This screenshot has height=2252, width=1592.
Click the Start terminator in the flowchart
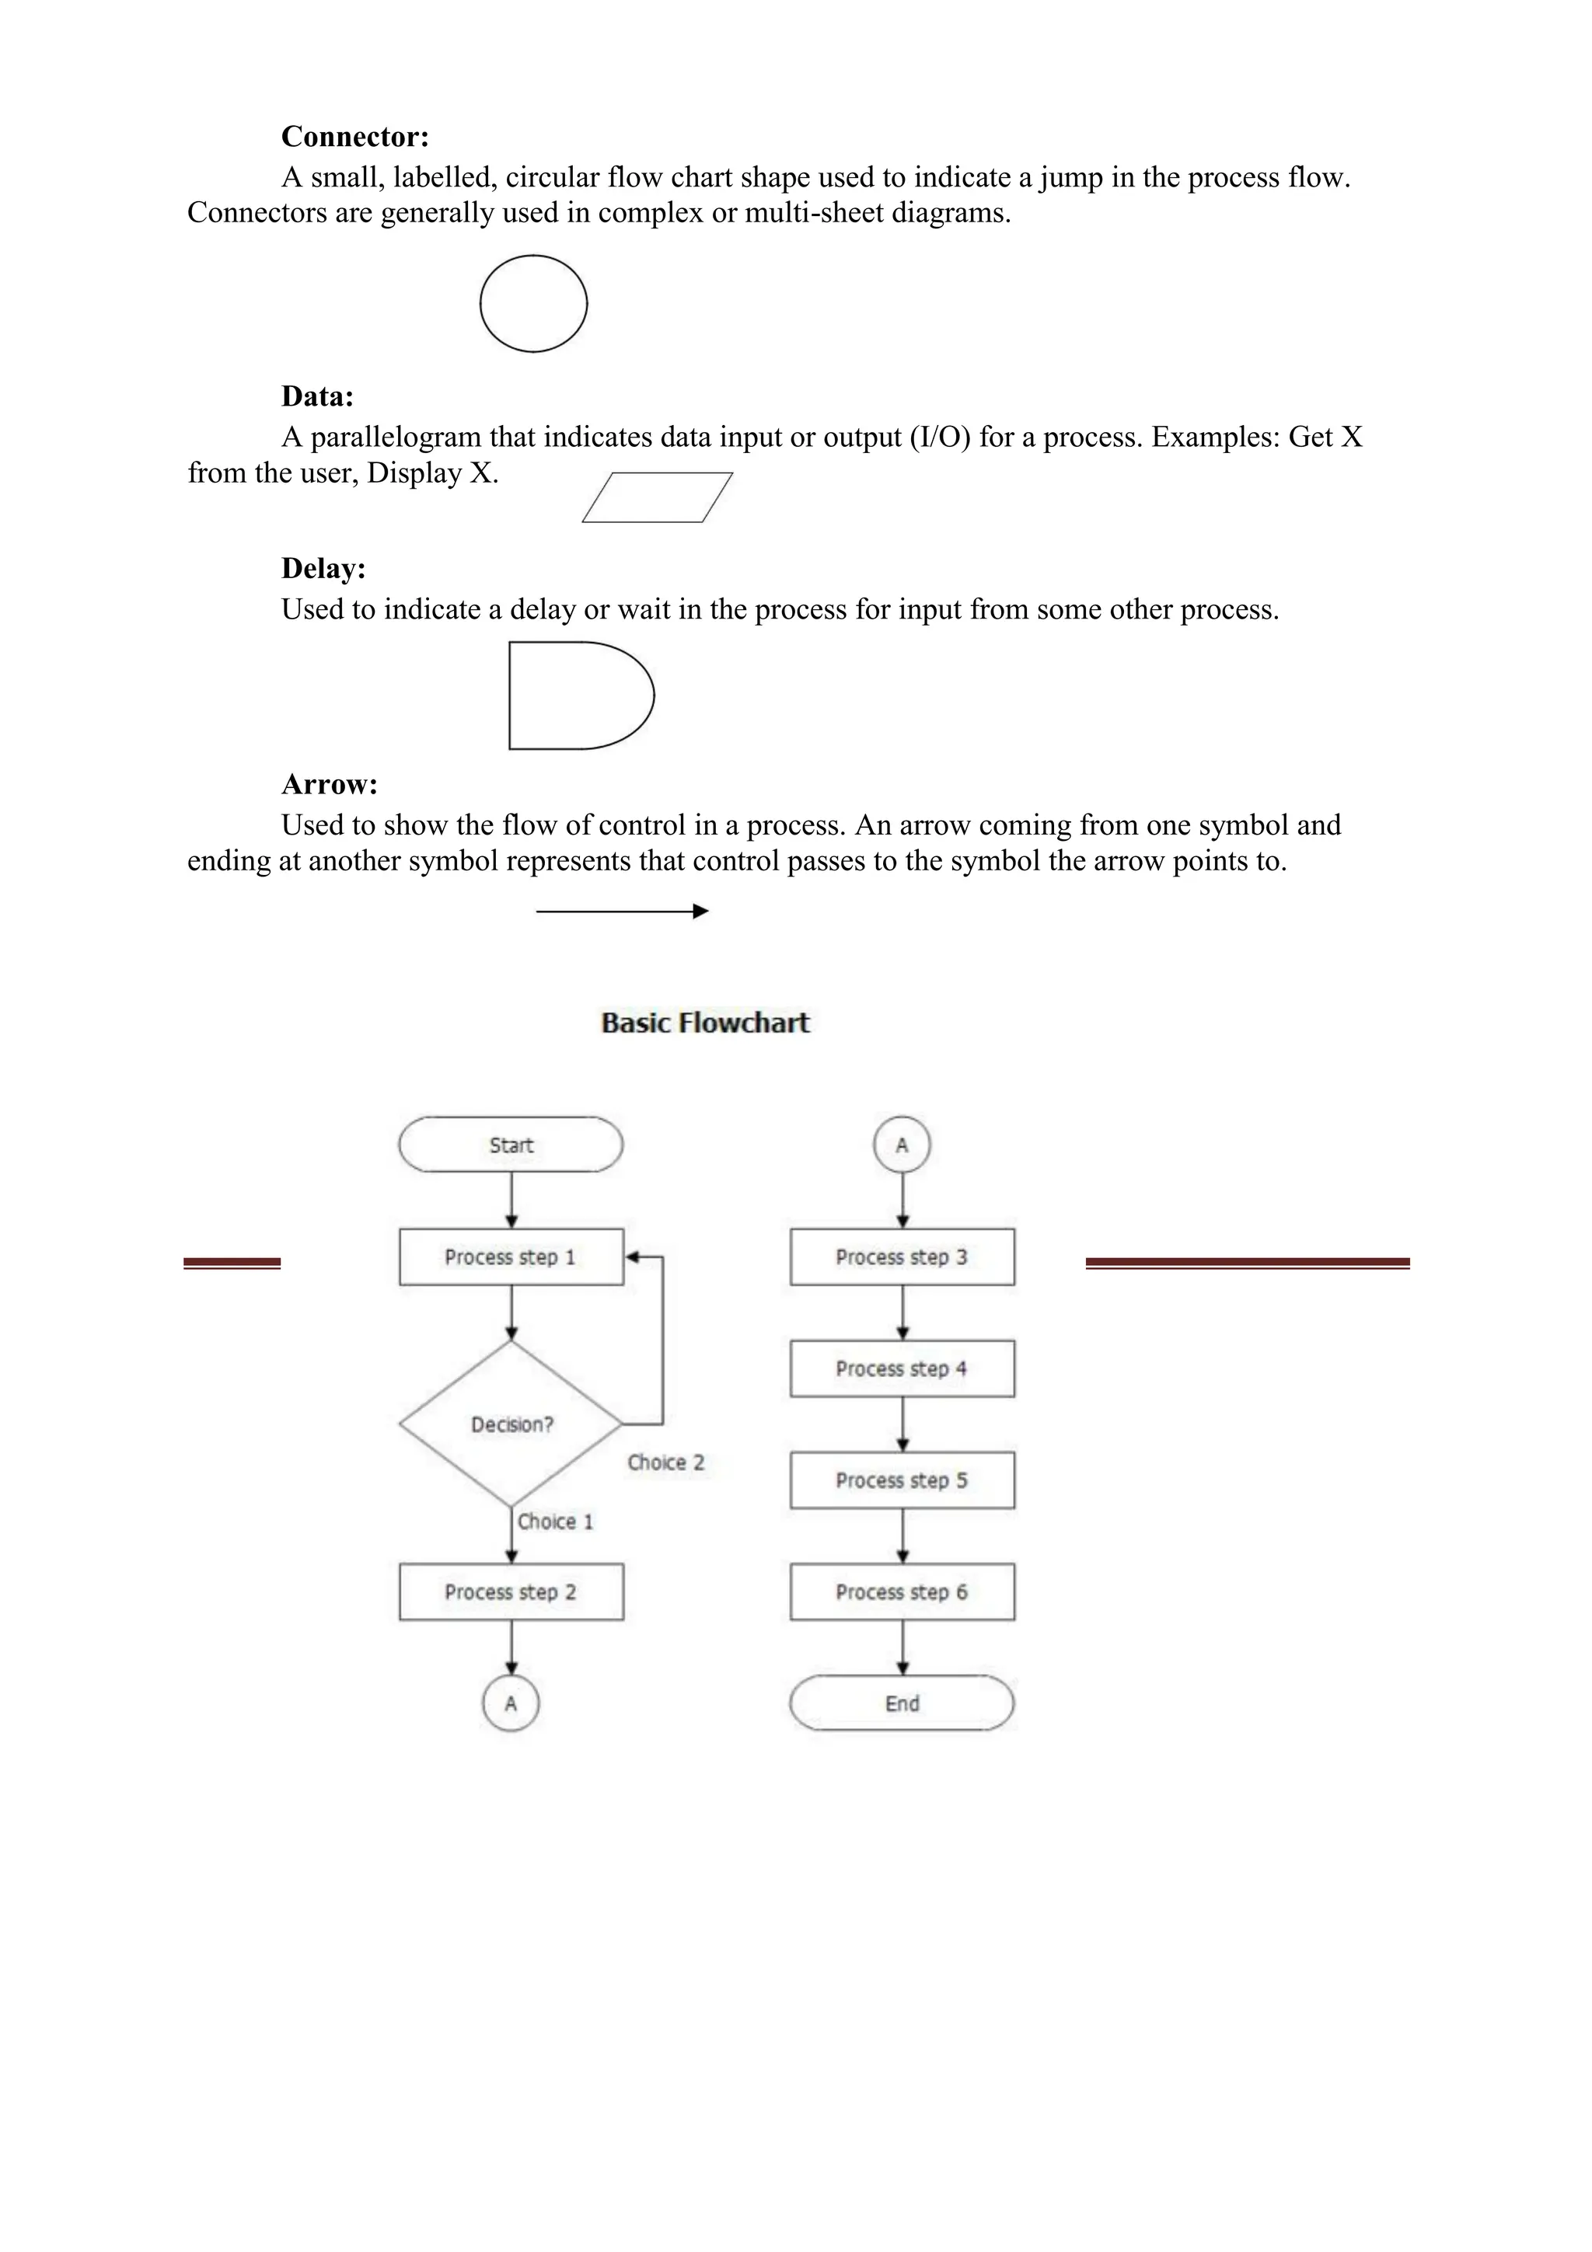(510, 1145)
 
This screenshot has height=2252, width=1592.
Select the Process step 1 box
(510, 1257)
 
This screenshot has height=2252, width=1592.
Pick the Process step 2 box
(510, 1592)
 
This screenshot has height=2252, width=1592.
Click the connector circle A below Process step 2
(510, 1703)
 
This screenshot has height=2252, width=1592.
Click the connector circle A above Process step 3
(902, 1145)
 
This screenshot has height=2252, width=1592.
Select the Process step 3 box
(902, 1257)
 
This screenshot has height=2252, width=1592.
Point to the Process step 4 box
(902, 1368)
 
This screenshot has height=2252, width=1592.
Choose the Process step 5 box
(902, 1480)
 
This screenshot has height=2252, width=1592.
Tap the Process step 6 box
(902, 1592)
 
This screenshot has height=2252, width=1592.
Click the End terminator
(902, 1703)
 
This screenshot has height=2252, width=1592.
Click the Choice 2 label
(666, 1462)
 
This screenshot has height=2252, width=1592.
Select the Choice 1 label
(555, 1522)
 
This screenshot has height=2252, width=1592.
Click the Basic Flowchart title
(705, 1023)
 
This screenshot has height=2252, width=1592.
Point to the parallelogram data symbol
(657, 497)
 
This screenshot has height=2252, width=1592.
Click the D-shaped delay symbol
(578, 695)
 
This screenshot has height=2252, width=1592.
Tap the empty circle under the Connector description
(533, 303)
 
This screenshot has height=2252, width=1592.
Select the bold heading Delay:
(323, 568)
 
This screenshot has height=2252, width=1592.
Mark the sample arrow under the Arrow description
(622, 912)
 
